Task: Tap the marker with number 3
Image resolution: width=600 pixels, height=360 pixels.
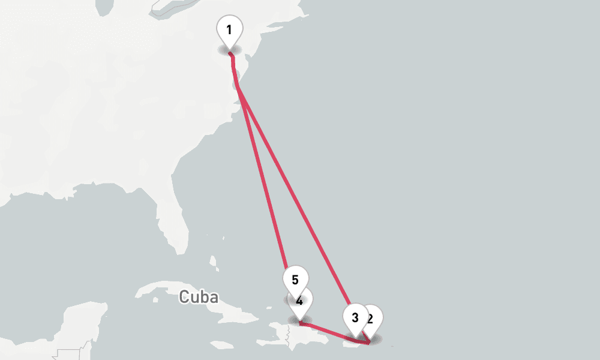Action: pyautogui.click(x=354, y=317)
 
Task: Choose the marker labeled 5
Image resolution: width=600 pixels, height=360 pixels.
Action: pyautogui.click(x=295, y=280)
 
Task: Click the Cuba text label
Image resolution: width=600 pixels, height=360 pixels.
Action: pyautogui.click(x=198, y=296)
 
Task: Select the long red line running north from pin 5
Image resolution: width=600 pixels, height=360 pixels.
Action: pyautogui.click(x=264, y=180)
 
